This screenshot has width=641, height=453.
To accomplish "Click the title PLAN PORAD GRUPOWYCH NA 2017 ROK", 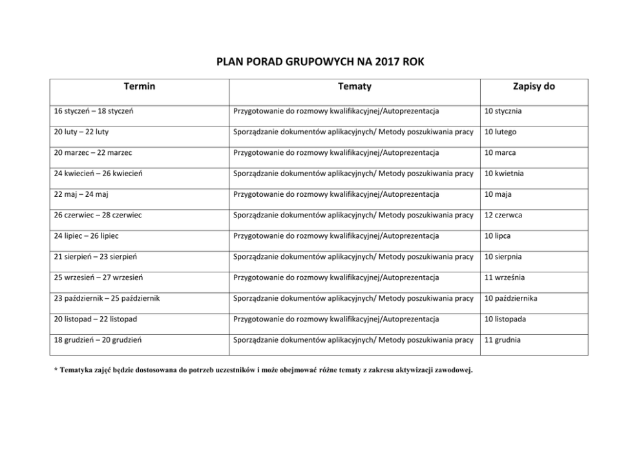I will click(320, 63).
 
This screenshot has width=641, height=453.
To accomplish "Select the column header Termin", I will click(140, 86).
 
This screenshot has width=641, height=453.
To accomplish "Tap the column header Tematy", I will click(354, 86).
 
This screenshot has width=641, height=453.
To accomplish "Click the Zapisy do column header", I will click(534, 86).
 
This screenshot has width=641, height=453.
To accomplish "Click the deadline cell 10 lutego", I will click(501, 132).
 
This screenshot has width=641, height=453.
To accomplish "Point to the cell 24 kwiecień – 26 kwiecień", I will click(98, 174).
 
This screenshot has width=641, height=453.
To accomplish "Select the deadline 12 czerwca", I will click(503, 215).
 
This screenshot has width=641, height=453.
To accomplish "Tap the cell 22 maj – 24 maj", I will click(81, 194).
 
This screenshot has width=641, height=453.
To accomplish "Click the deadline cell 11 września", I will click(505, 277).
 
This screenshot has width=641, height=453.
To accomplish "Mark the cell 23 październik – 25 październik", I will click(107, 298).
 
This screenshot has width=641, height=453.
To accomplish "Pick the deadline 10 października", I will click(510, 298).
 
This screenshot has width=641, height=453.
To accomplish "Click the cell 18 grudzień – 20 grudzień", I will click(98, 340).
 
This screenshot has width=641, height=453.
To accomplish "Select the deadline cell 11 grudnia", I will click(503, 340).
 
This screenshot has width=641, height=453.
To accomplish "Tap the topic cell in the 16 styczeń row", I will click(336, 111).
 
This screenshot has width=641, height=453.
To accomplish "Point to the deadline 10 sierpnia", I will click(503, 257).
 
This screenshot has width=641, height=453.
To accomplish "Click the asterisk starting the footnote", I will click(55, 369).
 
